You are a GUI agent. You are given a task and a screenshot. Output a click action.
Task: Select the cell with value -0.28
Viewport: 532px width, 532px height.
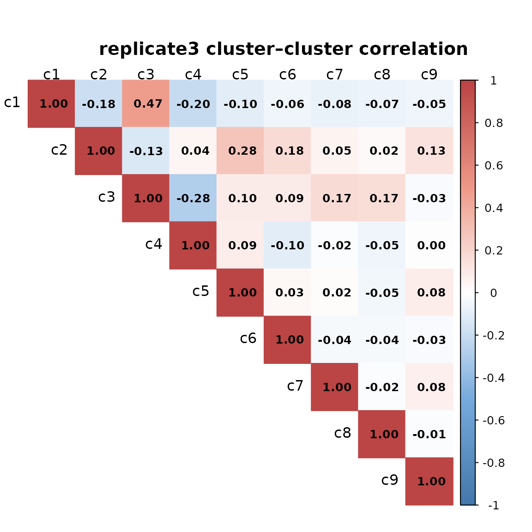click(x=193, y=198)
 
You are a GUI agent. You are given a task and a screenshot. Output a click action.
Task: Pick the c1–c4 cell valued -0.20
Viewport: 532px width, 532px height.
click(x=193, y=103)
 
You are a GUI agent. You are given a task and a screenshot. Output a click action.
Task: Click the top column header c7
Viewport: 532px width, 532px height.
click(x=334, y=74)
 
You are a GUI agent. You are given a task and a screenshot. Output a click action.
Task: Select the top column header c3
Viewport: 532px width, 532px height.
click(x=146, y=74)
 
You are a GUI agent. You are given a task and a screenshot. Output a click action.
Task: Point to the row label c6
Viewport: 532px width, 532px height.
click(x=248, y=339)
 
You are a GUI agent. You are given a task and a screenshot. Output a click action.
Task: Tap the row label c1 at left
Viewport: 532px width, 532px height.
click(x=12, y=103)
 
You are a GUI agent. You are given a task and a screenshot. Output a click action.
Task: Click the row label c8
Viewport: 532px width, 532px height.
click(x=343, y=433)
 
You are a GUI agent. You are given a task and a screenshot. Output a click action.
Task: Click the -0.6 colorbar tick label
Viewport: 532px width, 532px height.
click(x=493, y=420)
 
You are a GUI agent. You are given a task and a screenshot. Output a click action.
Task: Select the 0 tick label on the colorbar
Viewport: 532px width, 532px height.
click(x=493, y=293)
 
